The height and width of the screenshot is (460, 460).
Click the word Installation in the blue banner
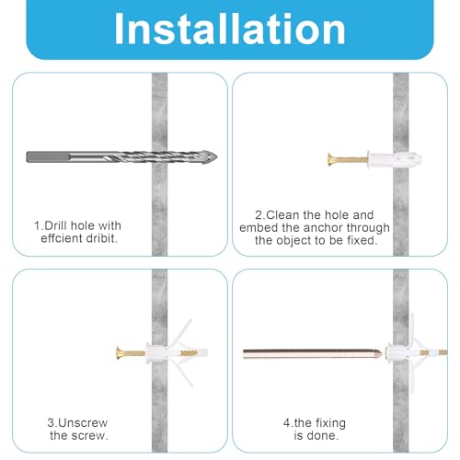click(x=230, y=29)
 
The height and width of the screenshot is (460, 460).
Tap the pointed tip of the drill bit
click(x=216, y=157)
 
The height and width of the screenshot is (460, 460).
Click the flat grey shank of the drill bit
click(x=49, y=157)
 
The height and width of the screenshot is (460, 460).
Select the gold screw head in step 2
click(x=331, y=159)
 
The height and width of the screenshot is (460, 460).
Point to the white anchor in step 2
click(x=395, y=159)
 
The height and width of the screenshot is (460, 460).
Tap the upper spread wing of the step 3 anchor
click(x=180, y=334)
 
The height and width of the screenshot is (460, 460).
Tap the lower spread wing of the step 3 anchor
click(x=181, y=372)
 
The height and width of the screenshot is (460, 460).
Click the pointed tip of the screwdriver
click(x=382, y=354)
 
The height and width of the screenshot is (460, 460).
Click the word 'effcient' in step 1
click(x=58, y=238)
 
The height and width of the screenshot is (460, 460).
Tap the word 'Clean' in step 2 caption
click(x=282, y=215)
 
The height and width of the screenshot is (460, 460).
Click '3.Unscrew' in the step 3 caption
click(x=77, y=423)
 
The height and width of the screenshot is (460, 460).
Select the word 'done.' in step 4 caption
click(x=316, y=436)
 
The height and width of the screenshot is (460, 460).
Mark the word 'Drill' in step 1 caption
click(x=56, y=225)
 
